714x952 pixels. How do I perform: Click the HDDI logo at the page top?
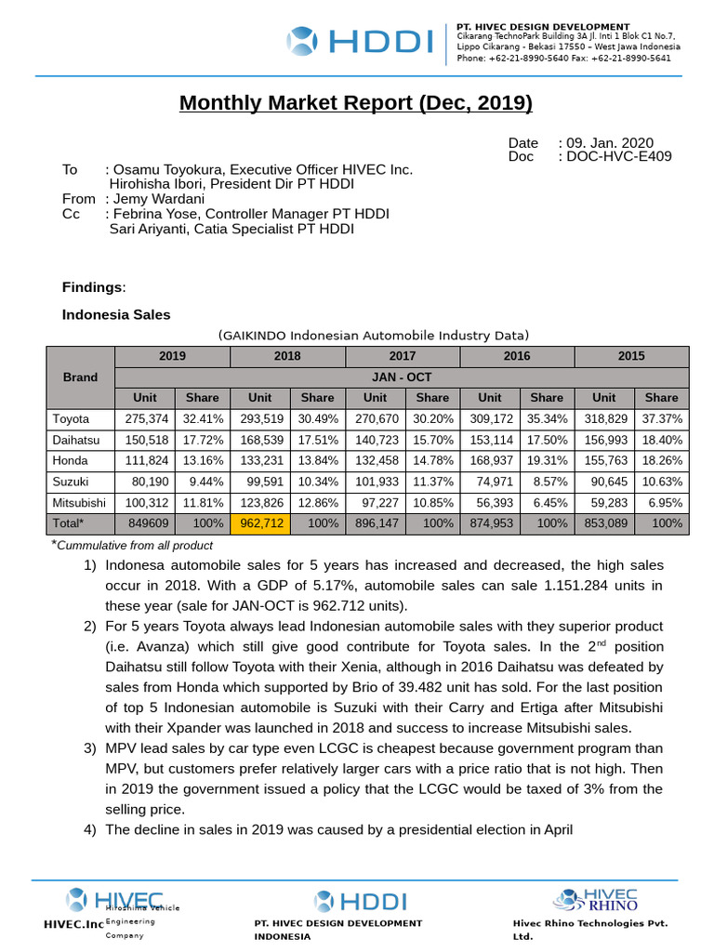360,42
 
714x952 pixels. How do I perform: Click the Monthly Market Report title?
356,102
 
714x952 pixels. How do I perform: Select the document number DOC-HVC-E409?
615,156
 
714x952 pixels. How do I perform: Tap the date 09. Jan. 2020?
606,142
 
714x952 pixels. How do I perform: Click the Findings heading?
92,286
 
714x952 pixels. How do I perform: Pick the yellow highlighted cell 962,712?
260,523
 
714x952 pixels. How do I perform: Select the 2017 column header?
403,356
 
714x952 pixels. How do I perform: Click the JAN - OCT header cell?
402,377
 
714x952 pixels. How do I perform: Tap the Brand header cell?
80,377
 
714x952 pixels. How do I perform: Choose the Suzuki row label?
72,482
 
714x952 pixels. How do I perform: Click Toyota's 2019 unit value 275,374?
145,419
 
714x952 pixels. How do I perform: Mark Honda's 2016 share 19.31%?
547,460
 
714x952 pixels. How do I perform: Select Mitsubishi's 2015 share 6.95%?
663,502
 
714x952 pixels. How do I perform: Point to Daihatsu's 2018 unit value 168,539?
260,440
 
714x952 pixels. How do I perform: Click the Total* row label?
69,523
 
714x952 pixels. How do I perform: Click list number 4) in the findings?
90,829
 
